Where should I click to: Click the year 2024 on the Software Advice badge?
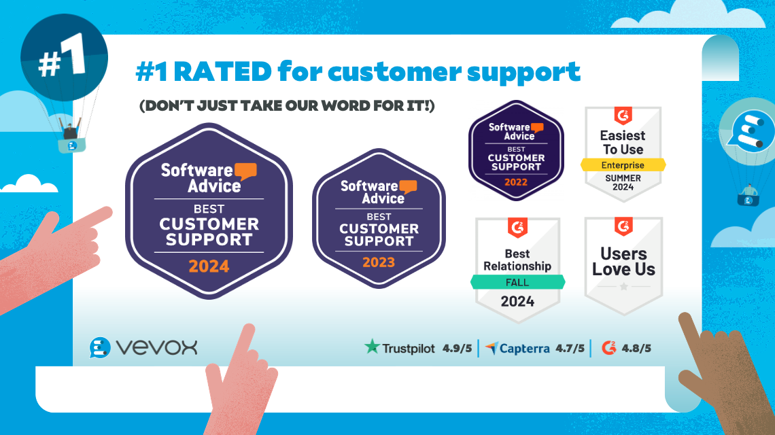[x=209, y=266]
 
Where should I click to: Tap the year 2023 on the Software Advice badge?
[x=379, y=262]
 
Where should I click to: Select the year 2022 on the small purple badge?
[x=515, y=182]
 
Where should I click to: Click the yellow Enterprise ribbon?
[x=623, y=165]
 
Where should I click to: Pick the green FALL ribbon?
[x=518, y=281]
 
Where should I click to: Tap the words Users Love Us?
[x=623, y=262]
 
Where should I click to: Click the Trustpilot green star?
[x=372, y=347]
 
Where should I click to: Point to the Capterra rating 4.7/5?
[x=570, y=348]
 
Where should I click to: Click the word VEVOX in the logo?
[x=156, y=347]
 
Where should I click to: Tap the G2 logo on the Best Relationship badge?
[x=518, y=228]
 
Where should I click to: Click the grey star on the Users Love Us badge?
[x=623, y=286]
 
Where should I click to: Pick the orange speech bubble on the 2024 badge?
[x=244, y=171]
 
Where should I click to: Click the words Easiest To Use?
[x=623, y=142]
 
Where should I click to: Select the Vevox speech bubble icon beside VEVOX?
[x=100, y=347]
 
